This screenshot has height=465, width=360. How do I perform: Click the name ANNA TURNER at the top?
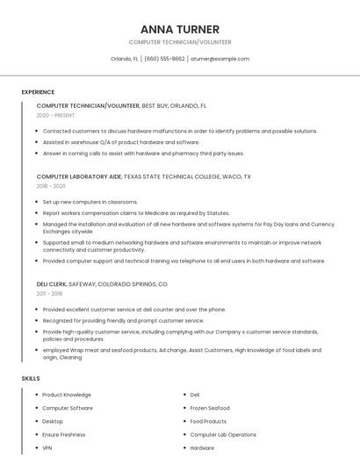[180, 29]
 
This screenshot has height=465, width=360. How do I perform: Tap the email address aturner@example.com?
[220, 59]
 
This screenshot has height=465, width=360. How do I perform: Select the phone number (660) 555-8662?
[164, 59]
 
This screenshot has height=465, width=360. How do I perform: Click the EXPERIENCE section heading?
[38, 92]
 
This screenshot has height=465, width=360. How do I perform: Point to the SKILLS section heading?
[31, 378]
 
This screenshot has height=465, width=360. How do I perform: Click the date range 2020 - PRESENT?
[55, 115]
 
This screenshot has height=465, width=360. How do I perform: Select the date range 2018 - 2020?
[51, 186]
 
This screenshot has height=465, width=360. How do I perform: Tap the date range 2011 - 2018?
[49, 294]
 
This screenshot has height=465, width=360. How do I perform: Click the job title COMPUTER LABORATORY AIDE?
[79, 176]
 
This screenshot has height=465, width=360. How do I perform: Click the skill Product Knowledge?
[67, 395]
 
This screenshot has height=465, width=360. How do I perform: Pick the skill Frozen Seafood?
[210, 408]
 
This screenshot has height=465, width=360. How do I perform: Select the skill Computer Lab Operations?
[223, 434]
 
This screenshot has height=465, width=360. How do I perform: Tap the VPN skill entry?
[47, 447]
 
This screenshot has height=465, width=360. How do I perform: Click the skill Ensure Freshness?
[64, 434]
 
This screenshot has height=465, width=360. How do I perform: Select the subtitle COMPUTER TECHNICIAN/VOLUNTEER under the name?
[180, 42]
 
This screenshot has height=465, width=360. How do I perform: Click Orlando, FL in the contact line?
[124, 59]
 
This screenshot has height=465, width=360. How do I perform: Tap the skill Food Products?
[208, 421]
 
